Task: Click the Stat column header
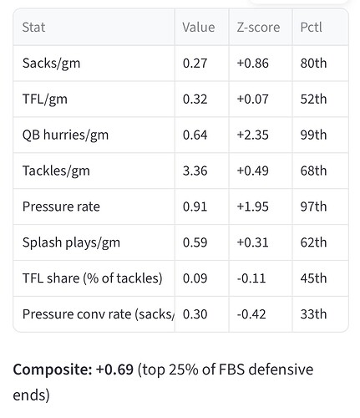tap(33, 28)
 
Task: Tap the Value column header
tap(199, 28)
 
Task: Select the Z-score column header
tap(258, 28)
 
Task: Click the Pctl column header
tap(311, 28)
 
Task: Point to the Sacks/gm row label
tap(51, 64)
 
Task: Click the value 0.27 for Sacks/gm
tap(195, 64)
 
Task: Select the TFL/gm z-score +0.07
tap(252, 99)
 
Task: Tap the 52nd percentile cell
tap(313, 99)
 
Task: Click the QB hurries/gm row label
tap(65, 135)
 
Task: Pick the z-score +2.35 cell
tap(252, 135)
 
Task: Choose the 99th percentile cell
tap(313, 135)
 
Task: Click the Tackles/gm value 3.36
tap(195, 171)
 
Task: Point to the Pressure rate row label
tap(61, 206)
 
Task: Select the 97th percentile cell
tap(313, 206)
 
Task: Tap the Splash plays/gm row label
tap(71, 242)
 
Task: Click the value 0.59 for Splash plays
tap(195, 242)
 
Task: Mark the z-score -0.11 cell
tap(251, 278)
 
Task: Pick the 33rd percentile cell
tap(313, 314)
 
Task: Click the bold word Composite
tap(53, 370)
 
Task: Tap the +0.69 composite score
tap(114, 370)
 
